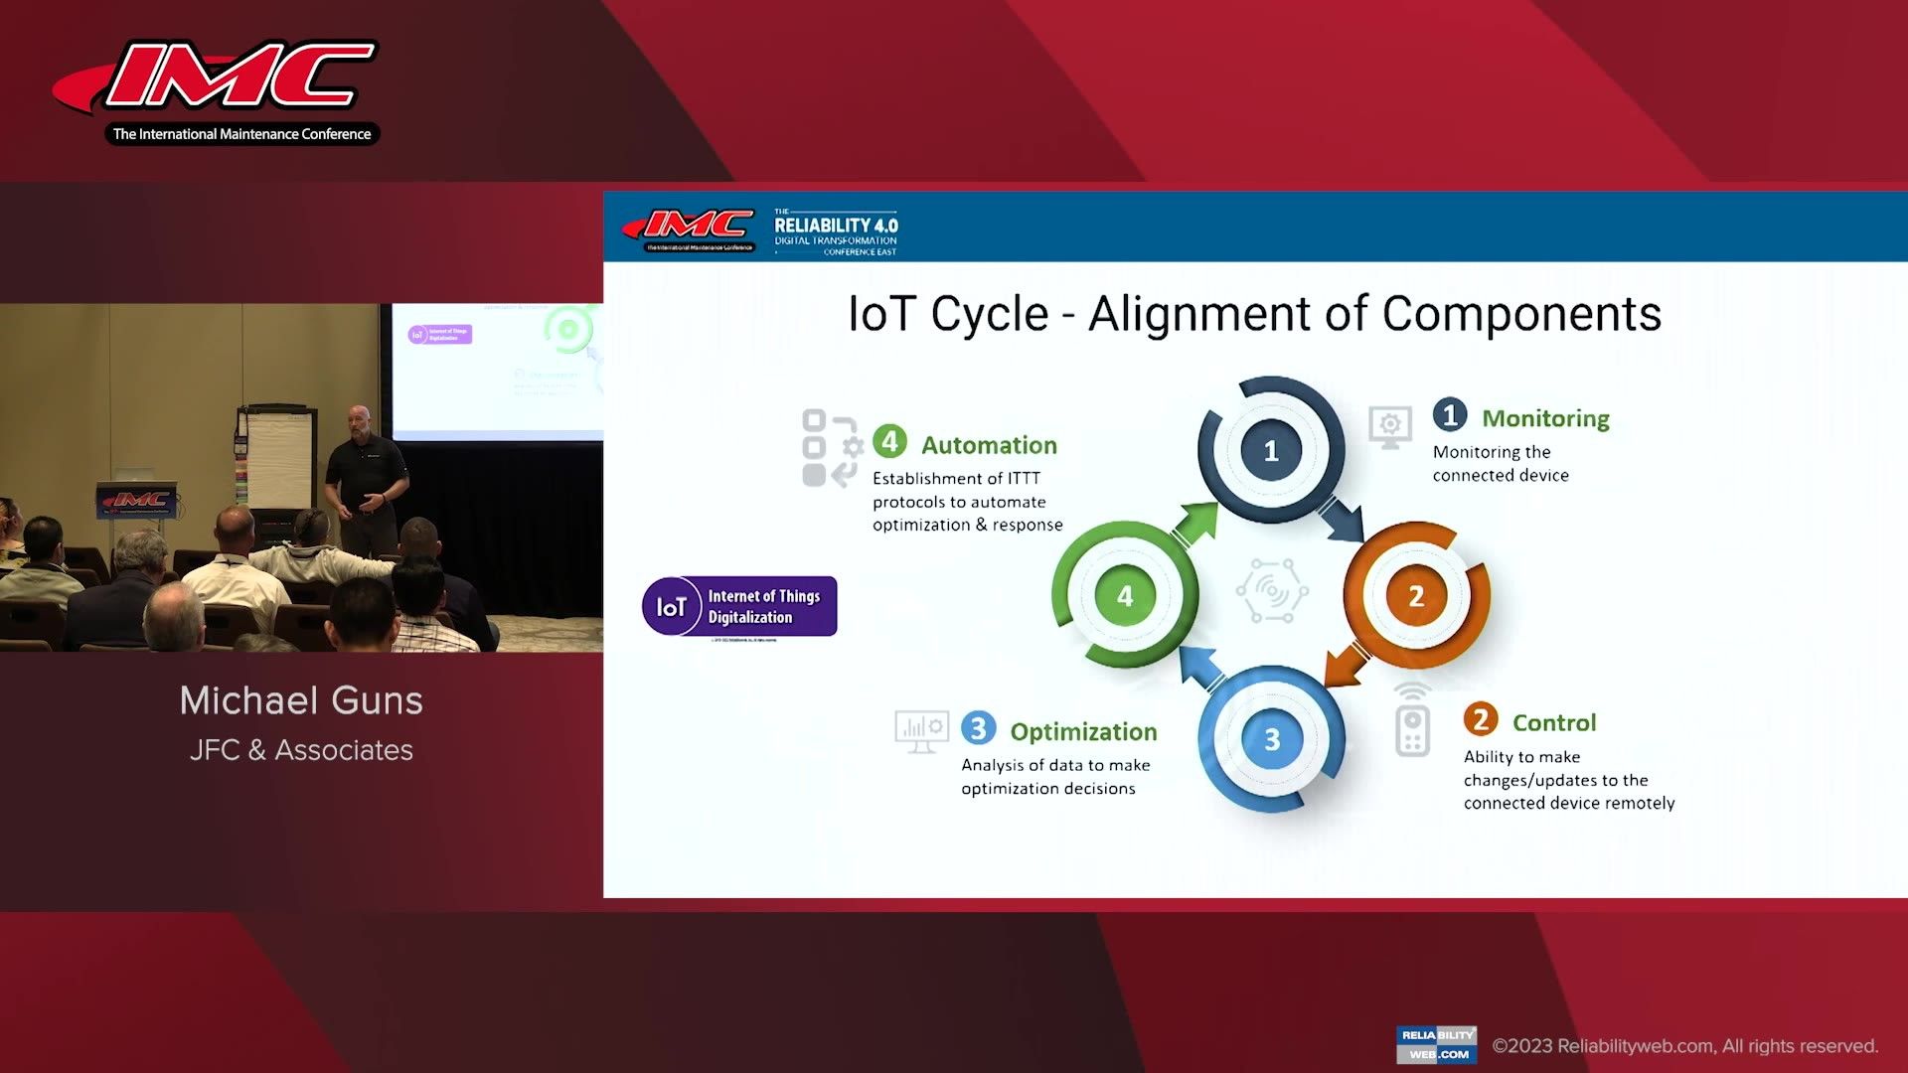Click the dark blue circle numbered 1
1270,451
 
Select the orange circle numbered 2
1416,596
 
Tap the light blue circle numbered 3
1271,740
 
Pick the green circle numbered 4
1125,596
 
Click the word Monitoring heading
1545,419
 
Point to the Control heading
1554,723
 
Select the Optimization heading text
1083,732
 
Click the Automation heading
989,446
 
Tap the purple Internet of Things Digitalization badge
739,606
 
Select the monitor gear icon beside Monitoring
1389,427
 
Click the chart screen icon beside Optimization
921,731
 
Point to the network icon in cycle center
1271,591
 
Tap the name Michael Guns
301,701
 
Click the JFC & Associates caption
301,750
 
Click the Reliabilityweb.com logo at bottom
1436,1044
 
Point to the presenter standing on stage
366,477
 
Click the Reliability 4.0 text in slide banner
836,227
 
